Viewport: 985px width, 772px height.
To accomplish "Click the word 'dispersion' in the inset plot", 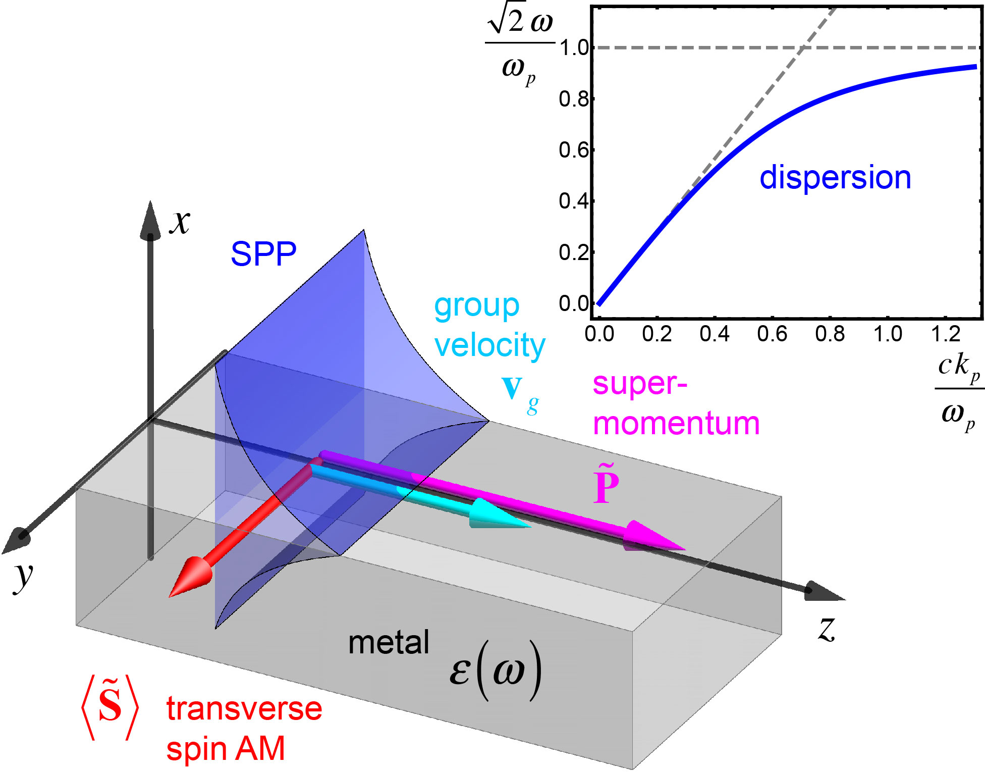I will pos(835,178).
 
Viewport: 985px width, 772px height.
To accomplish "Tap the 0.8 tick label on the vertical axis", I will pos(574,99).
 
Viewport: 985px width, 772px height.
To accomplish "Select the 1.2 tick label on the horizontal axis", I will pos(945,334).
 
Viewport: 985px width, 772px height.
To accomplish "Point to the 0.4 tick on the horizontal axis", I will pos(714,334).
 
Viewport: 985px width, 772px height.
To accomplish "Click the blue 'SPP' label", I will pos(263,254).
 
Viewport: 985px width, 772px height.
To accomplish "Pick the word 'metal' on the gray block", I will pos(389,643).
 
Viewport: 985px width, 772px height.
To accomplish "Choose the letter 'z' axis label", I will pos(827,629).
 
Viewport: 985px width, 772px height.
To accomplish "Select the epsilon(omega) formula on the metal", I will pos(495,671).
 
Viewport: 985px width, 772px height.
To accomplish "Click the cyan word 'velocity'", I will pos(489,346).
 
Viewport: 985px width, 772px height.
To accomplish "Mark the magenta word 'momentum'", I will pos(676,424).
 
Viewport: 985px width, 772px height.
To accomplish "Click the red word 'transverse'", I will pos(244,709).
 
